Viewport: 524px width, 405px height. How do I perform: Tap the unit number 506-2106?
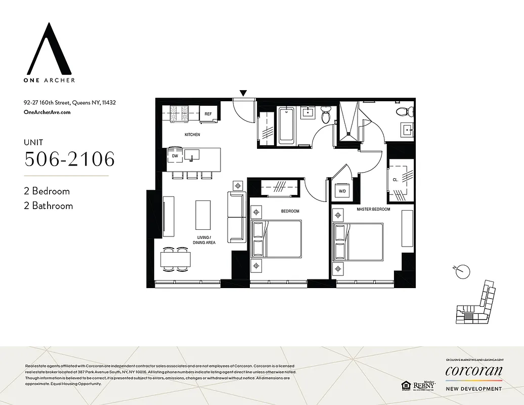coord(70,159)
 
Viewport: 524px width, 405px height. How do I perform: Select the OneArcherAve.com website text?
coord(47,112)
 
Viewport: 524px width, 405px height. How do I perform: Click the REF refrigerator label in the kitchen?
coord(208,114)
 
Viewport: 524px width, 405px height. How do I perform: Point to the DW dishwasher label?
coord(174,156)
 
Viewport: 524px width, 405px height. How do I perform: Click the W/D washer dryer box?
coord(342,191)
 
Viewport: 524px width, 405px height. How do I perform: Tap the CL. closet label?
coord(395,179)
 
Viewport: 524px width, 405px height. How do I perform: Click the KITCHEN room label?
coord(192,135)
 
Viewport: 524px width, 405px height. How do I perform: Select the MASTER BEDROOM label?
coord(373,209)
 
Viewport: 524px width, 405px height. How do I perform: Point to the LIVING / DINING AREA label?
coord(204,240)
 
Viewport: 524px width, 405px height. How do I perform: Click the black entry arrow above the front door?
coord(243,93)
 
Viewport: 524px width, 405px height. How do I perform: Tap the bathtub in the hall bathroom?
coord(286,124)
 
